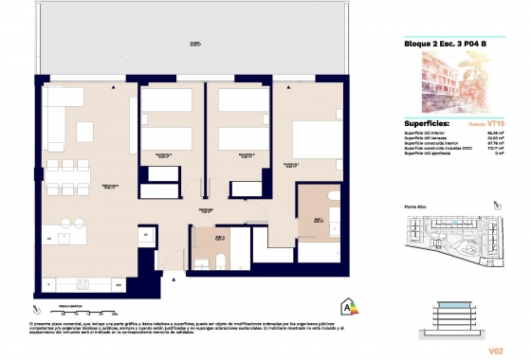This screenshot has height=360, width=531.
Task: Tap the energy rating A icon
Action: [x=348, y=305]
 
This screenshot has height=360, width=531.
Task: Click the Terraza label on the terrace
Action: [x=194, y=44]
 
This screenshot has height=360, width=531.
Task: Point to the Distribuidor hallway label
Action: [x=204, y=210]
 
